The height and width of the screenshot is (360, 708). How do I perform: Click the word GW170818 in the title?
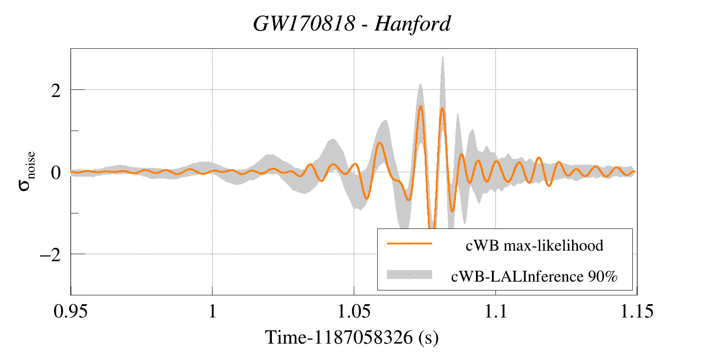coord(304,23)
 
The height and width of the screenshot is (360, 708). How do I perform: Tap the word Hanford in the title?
coord(412,23)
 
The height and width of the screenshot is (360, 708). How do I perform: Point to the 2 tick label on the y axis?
coord(55,91)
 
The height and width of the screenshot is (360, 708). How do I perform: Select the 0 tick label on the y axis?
coord(55,173)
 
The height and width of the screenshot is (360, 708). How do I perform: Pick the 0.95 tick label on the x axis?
coord(70,311)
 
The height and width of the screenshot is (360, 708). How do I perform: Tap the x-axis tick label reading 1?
coord(213,311)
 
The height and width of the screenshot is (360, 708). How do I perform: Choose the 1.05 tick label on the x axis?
coord(354,311)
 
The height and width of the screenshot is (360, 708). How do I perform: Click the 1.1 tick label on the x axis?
coord(495,311)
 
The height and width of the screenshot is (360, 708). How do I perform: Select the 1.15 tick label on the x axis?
coord(637,311)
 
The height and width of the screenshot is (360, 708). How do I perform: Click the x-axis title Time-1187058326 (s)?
coord(352,337)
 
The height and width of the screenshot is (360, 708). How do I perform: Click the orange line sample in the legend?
coord(409,243)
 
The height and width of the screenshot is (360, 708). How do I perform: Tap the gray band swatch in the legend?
coord(409,275)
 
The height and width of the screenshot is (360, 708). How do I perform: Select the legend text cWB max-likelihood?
coord(534,245)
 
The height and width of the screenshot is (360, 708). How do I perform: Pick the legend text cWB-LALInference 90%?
coord(534,276)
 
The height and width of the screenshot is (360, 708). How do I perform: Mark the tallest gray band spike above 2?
coord(442,58)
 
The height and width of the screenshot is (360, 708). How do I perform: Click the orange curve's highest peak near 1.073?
coord(420,106)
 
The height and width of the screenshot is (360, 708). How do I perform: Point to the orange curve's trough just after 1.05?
coord(366,198)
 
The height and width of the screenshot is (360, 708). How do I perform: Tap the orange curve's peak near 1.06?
coord(379,143)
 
